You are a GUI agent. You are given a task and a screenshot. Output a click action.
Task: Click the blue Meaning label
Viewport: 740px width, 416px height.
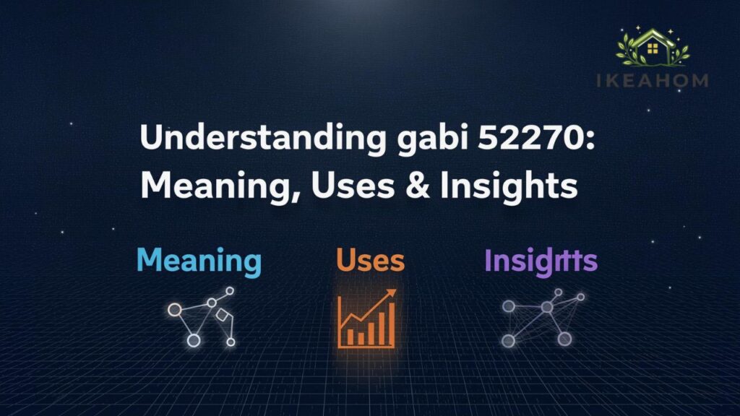[199, 260]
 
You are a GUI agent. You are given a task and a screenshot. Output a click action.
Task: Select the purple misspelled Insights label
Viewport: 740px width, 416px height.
[541, 260]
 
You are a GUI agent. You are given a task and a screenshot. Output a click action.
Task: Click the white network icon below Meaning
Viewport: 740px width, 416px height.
[202, 316]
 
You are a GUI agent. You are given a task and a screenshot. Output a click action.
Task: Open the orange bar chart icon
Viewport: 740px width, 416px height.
[367, 318]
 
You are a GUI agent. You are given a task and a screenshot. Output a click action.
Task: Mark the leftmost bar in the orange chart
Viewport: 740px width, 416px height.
[349, 337]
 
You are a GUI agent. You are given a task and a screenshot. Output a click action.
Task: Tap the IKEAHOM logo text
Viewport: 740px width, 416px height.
[653, 81]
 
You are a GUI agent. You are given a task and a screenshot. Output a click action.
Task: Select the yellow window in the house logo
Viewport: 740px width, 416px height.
[653, 49]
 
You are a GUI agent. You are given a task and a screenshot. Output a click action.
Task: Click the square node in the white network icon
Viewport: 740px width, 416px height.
[222, 316]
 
